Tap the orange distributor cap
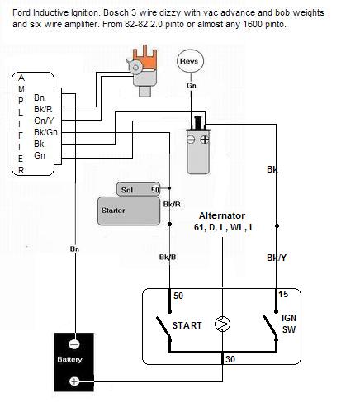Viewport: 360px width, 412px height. (x=146, y=59)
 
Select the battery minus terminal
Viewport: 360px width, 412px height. (x=73, y=344)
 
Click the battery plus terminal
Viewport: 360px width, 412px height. (x=73, y=381)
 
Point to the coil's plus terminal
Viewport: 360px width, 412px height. (x=205, y=140)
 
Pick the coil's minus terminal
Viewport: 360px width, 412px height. (x=191, y=140)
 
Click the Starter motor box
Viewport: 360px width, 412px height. (x=129, y=211)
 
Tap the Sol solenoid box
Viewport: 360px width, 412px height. (x=138, y=189)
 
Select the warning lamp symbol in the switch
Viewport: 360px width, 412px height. (x=222, y=324)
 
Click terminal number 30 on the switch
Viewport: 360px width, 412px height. (x=230, y=359)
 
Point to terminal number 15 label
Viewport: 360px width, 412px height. (x=283, y=294)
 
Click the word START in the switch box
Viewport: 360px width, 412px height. (x=187, y=325)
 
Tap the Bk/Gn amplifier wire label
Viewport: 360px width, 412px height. (x=45, y=132)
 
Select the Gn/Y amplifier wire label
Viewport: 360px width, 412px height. (x=44, y=121)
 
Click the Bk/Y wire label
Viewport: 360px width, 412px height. (x=277, y=258)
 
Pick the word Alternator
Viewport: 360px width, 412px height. (x=222, y=215)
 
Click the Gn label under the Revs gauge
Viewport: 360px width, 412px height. (x=192, y=86)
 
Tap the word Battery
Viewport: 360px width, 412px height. (x=69, y=359)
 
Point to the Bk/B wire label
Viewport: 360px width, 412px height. (x=168, y=258)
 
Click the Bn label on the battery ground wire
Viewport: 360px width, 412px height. (x=74, y=249)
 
